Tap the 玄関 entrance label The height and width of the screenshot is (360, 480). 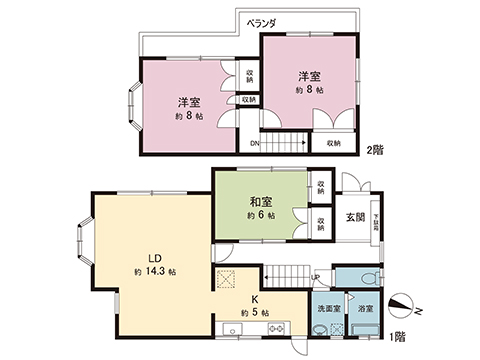355,217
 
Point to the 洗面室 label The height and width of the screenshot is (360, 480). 326,309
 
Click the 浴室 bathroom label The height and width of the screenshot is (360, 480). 365,309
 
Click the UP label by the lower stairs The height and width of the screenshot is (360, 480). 316,277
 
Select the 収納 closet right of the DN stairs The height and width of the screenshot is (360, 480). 333,143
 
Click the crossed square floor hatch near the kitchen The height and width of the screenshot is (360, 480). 227,280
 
